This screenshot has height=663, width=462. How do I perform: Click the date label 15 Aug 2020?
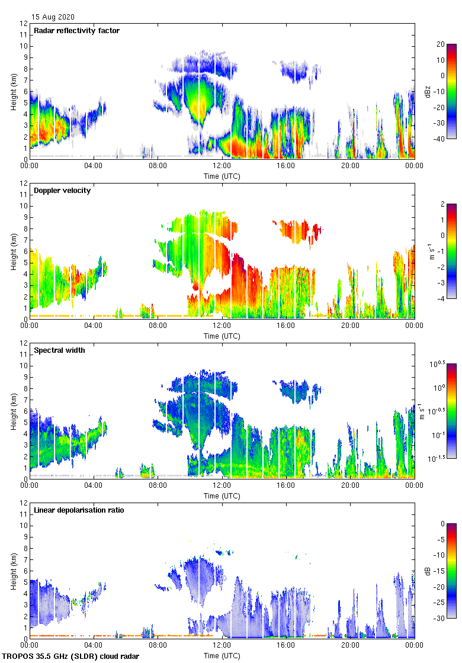[x=53, y=17]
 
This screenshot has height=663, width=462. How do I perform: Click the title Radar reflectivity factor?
[x=77, y=30]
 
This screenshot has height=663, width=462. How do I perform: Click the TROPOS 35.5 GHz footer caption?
[x=71, y=656]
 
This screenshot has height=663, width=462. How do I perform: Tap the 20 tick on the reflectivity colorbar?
[x=440, y=44]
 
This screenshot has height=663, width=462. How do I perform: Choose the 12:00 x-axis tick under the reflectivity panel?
[x=222, y=166]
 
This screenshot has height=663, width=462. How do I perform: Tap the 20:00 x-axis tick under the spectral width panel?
[x=350, y=486]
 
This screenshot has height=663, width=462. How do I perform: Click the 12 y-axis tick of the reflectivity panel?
[x=24, y=24]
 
